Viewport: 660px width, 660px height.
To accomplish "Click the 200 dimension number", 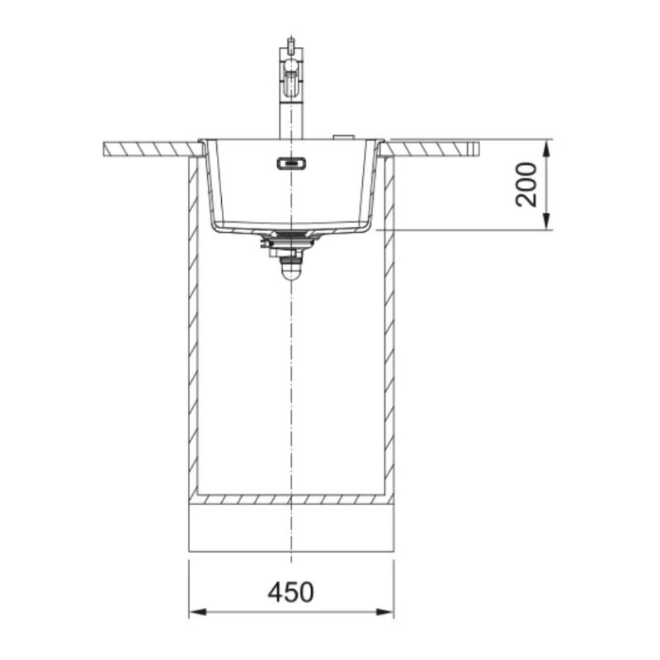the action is click(x=526, y=184).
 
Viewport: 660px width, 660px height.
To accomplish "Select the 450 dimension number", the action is click(x=291, y=592).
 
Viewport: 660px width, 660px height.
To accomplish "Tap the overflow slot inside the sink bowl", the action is click(x=291, y=163).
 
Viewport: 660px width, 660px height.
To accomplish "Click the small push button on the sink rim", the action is click(x=343, y=137).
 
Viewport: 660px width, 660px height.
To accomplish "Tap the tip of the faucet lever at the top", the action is click(x=290, y=38).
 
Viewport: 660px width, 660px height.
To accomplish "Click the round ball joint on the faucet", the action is click(x=291, y=65).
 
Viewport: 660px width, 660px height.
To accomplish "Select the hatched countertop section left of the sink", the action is click(x=153, y=149).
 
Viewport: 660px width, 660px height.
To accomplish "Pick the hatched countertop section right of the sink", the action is click(x=429, y=149).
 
